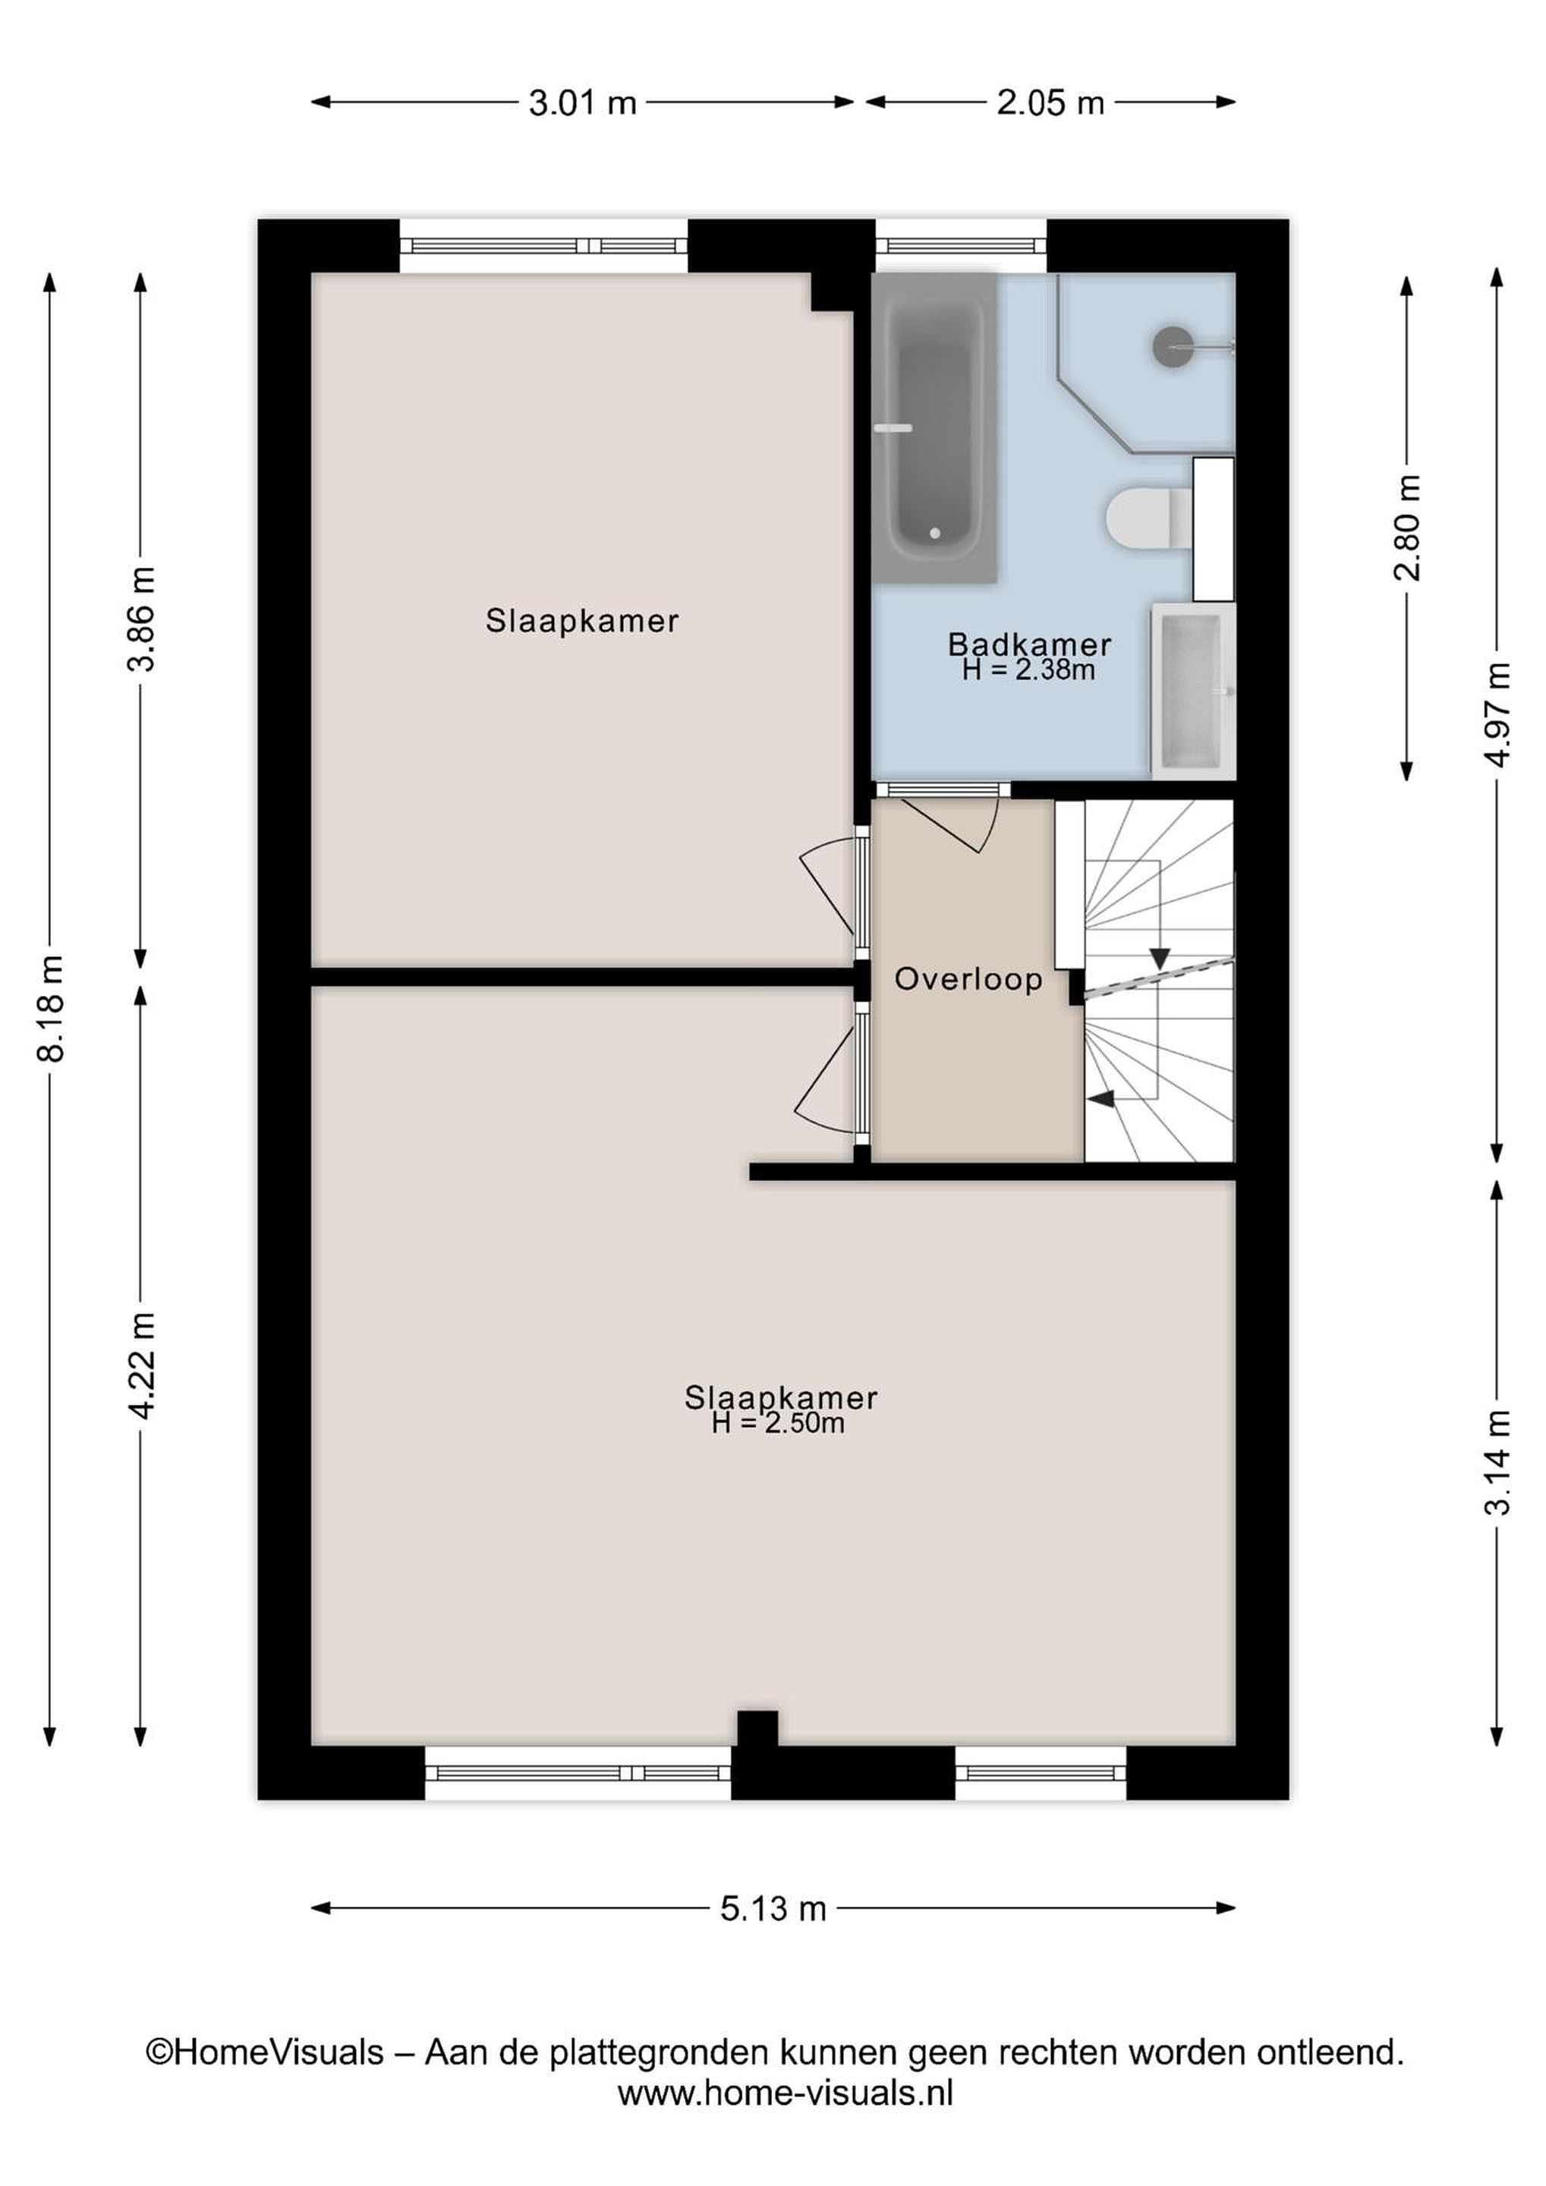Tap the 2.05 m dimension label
click(1050, 102)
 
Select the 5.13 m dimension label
click(773, 1909)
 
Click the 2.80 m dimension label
click(1407, 528)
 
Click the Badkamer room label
click(1029, 644)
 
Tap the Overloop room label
click(968, 980)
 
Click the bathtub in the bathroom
click(935, 428)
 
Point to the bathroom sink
click(1193, 691)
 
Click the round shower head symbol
click(1172, 348)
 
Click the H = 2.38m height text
click(1028, 670)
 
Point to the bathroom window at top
click(961, 246)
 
